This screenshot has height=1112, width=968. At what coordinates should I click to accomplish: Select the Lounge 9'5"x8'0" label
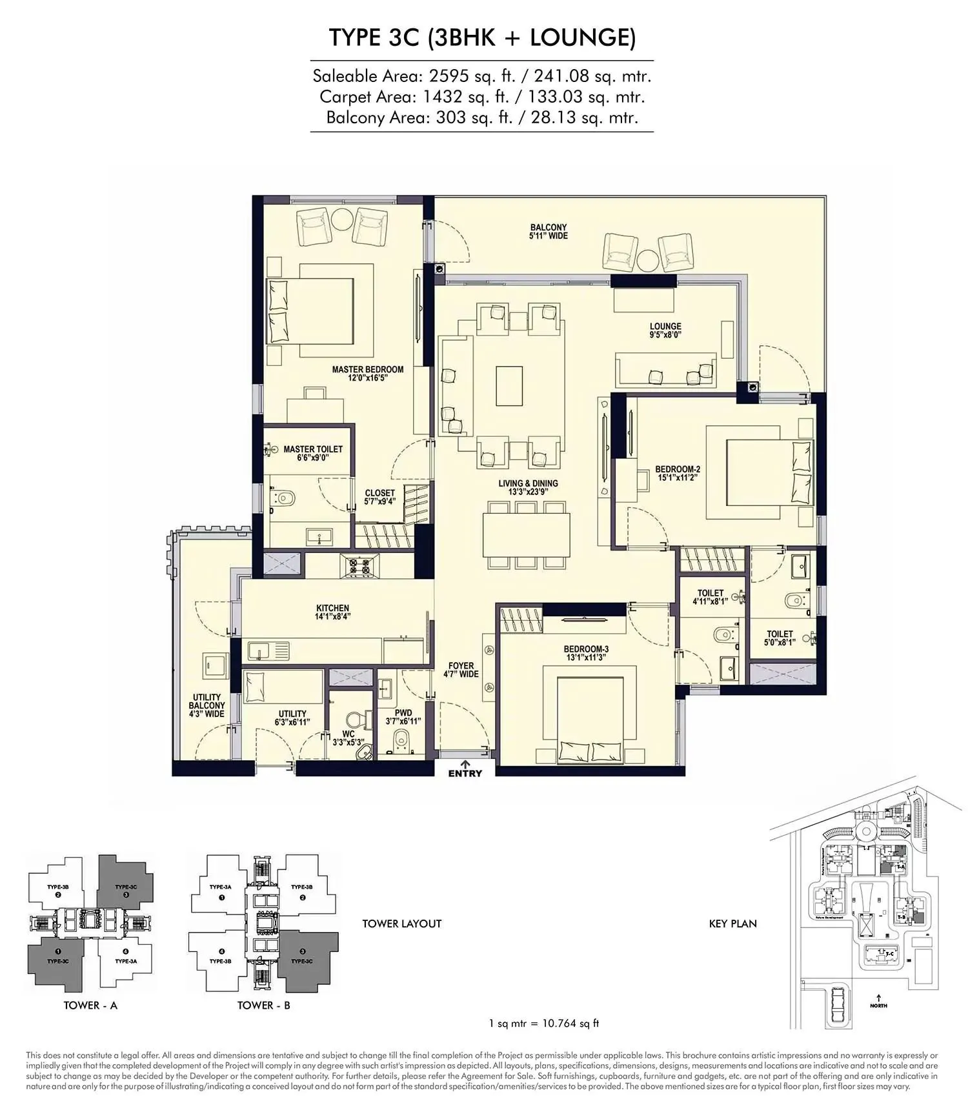[665, 330]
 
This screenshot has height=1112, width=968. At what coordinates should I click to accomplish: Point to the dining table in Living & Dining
[527, 535]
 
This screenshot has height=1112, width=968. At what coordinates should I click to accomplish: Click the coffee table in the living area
[509, 386]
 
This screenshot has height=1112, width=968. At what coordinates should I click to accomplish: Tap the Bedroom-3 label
[586, 653]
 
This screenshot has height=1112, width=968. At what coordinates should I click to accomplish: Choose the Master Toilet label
[313, 453]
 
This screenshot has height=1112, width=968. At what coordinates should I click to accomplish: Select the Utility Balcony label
[207, 705]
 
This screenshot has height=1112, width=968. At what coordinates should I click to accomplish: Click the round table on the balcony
[648, 261]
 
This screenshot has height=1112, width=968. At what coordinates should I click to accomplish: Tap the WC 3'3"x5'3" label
[348, 738]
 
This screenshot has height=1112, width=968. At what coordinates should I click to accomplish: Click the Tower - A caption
[90, 1006]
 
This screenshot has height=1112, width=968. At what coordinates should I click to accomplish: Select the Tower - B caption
[263, 1006]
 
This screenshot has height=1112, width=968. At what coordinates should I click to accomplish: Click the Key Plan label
[732, 924]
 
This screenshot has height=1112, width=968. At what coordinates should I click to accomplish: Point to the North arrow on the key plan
[878, 1000]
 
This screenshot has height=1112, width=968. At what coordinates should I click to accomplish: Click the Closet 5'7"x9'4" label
[379, 497]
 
